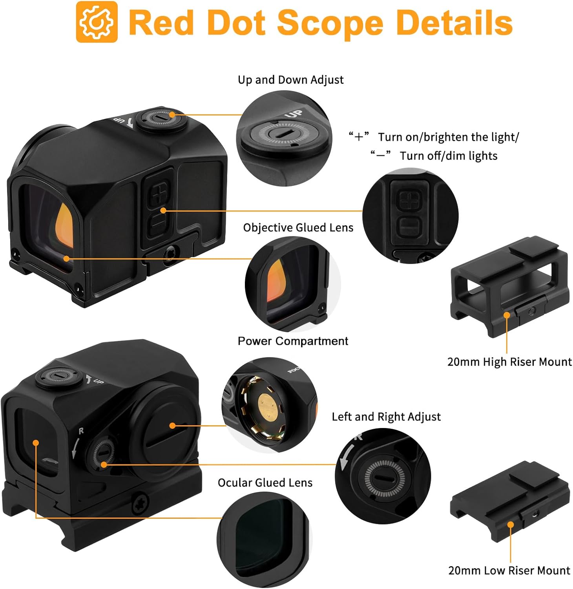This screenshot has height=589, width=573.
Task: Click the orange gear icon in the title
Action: (x=97, y=22)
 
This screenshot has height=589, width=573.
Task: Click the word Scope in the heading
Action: (x=330, y=23)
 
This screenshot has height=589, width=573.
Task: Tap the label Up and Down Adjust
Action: (x=290, y=80)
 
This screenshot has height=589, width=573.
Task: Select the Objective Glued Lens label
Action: (x=298, y=228)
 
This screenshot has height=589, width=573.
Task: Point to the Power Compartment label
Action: (x=293, y=341)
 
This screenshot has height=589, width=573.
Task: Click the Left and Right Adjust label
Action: (x=386, y=417)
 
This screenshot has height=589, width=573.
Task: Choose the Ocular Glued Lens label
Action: (x=265, y=483)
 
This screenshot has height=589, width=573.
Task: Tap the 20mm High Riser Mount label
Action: (x=509, y=362)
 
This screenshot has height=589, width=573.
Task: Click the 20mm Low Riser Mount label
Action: (x=509, y=570)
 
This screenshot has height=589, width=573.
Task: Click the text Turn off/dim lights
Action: (x=448, y=156)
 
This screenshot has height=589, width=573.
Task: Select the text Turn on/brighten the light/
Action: (x=448, y=137)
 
